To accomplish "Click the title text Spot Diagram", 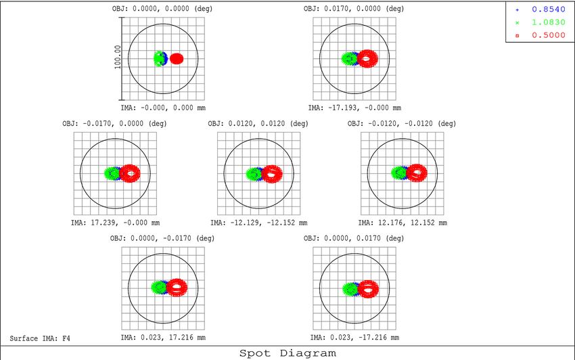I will [287, 353].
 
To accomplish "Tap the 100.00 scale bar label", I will [117, 58].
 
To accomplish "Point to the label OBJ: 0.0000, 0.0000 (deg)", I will [163, 9].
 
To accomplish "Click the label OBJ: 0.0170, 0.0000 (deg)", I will [354, 9].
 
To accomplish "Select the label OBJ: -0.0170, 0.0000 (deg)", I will [116, 123].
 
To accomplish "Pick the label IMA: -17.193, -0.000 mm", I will [354, 107].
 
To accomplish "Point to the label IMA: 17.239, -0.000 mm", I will [115, 222].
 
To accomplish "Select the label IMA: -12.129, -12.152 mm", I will [258, 222].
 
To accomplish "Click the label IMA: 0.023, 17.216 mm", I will [163, 337].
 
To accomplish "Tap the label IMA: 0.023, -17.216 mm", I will [354, 337].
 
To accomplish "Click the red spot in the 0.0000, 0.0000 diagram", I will [177, 58].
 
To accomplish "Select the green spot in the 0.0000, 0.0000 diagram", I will [159, 58].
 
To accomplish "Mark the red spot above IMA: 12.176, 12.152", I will [417, 173].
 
